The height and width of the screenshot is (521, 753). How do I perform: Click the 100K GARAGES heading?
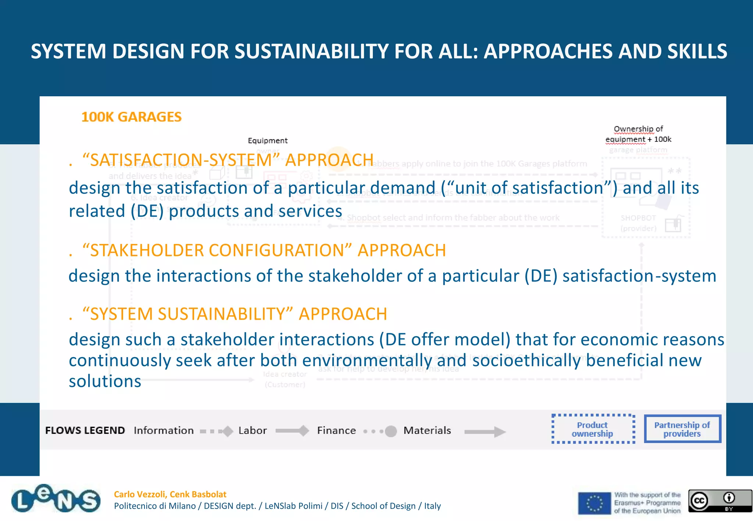coord(131,117)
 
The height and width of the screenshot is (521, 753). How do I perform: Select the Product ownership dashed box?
coord(593,429)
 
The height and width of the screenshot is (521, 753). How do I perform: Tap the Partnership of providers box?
coord(682,429)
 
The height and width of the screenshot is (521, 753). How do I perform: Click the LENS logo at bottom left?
coord(56,499)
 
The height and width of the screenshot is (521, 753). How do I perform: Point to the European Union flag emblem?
coord(594,503)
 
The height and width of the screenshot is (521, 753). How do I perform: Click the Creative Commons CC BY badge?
coord(720,500)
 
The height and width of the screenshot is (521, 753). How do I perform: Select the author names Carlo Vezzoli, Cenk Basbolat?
coord(170,494)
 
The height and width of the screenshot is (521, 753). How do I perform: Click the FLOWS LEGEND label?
coord(85,430)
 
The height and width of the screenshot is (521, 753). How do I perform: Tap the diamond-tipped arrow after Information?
coord(217,431)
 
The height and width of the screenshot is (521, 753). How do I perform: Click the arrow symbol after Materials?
coord(485,432)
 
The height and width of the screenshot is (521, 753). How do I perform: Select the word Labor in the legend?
coord(252,430)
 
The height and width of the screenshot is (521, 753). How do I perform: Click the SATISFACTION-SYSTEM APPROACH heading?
coord(228,160)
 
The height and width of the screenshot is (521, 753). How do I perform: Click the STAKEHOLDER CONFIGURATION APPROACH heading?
coord(264,251)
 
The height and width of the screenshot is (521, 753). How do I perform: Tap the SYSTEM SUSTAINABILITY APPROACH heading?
coord(235,314)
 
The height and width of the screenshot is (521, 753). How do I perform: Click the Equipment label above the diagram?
coord(267,140)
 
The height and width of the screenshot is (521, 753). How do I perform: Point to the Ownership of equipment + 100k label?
coord(638,134)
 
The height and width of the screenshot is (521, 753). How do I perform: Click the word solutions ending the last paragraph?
coord(105,381)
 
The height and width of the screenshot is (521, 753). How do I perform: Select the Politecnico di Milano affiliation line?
coord(277,506)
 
